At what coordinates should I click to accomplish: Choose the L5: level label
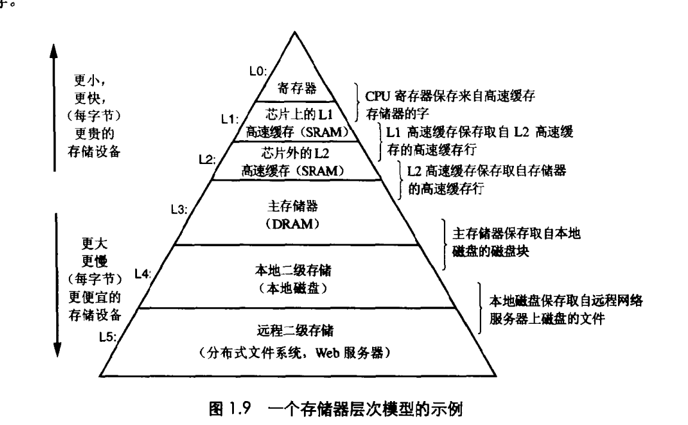pyautogui.click(x=108, y=336)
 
